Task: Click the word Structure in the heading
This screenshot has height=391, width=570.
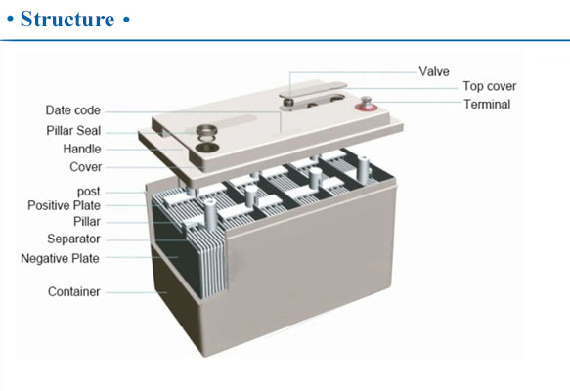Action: (x=67, y=19)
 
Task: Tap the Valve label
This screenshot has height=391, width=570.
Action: (x=434, y=71)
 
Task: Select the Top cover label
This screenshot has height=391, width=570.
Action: (x=489, y=86)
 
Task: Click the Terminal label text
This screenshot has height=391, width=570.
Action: (x=487, y=104)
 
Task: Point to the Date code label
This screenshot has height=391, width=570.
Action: (x=72, y=110)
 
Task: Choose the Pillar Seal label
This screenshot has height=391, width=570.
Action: (x=73, y=130)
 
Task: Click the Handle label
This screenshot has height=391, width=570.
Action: (x=82, y=149)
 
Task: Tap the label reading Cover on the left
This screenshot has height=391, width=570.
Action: (x=85, y=167)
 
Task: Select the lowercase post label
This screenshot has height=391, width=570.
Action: (x=88, y=192)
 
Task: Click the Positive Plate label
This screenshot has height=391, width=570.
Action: (x=64, y=205)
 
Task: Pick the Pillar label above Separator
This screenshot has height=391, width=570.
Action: (x=86, y=221)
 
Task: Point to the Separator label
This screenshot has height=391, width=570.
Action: (x=73, y=239)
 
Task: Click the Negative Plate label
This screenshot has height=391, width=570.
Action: (x=60, y=258)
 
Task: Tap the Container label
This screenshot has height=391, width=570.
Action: (x=73, y=291)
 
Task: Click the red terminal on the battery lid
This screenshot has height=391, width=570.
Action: (x=365, y=105)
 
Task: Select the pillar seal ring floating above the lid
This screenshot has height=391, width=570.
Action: (x=206, y=130)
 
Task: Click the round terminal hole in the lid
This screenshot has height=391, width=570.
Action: (x=206, y=148)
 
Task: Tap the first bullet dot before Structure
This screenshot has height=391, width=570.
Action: (x=11, y=20)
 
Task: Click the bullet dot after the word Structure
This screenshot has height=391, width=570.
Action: (x=126, y=20)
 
